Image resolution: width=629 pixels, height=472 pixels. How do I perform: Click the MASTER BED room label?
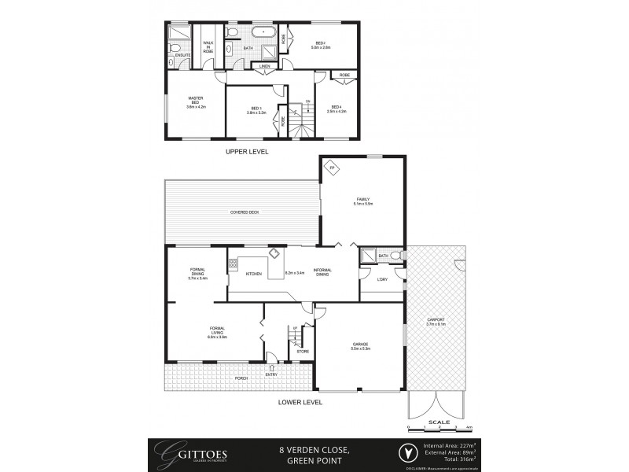click(195, 102)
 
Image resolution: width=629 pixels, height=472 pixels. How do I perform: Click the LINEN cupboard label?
click(267, 67)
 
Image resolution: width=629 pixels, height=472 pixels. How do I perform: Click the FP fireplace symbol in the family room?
click(332, 168)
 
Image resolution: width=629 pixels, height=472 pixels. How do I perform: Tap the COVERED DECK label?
click(245, 212)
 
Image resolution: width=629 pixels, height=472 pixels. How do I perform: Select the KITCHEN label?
click(253, 274)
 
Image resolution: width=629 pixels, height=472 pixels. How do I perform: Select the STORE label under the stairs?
click(303, 351)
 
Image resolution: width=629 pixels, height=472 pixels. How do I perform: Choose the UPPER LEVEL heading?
click(247, 150)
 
